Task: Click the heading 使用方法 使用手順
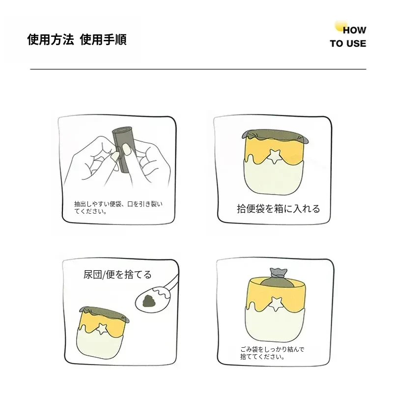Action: (x=77, y=39)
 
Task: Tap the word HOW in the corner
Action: (x=354, y=30)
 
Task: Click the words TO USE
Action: (x=348, y=44)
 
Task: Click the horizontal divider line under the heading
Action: (x=198, y=69)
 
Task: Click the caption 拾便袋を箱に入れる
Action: (x=278, y=209)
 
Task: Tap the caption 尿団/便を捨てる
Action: (x=117, y=275)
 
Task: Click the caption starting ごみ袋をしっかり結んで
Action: (x=272, y=353)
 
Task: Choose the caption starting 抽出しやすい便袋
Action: (x=118, y=207)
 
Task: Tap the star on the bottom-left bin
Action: (x=102, y=329)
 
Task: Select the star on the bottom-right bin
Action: (x=276, y=304)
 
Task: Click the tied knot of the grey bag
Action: (x=278, y=274)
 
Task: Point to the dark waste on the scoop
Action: (x=149, y=301)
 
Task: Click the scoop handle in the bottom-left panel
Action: (x=173, y=283)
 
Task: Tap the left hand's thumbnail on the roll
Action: (x=115, y=157)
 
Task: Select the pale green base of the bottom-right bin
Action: (x=275, y=325)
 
